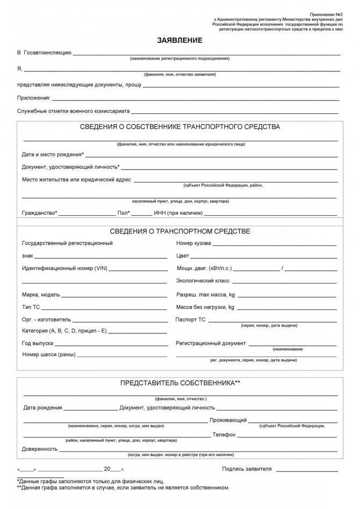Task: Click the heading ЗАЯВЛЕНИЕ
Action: [x=179, y=40]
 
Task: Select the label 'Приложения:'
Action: [x=34, y=98]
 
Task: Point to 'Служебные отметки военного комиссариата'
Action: [x=73, y=112]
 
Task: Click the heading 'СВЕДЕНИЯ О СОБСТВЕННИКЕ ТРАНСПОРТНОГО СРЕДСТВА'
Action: [x=180, y=127]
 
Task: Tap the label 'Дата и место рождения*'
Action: [x=53, y=154]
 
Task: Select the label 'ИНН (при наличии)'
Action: [x=178, y=213]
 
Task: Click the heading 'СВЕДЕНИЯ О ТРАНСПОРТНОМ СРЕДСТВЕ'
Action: [x=180, y=231]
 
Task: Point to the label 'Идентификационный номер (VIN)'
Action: [x=64, y=267]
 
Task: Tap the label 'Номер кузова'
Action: [x=193, y=243]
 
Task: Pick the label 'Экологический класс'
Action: [x=203, y=281]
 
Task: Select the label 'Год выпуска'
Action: [x=38, y=343]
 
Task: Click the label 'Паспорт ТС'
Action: [x=191, y=319]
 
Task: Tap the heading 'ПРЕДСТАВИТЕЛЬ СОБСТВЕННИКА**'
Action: [x=180, y=383]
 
